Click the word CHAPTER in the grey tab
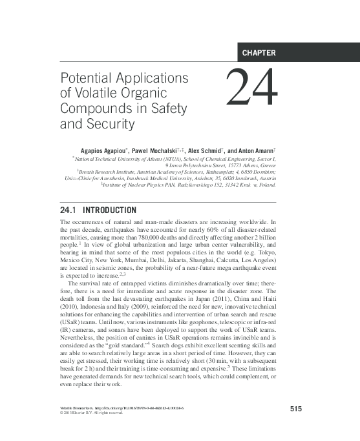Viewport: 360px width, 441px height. coord(259,53)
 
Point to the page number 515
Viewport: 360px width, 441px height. coord(297,408)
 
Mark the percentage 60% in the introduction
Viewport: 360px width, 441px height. coord(213,229)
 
